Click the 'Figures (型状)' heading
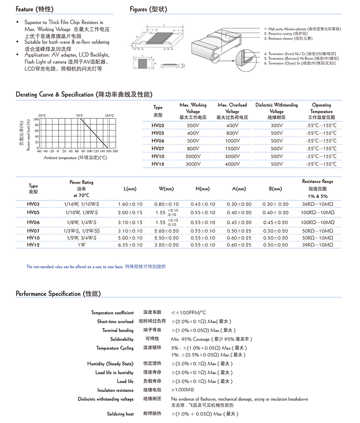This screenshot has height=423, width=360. tap(148, 9)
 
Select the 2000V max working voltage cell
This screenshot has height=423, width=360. tap(193, 156)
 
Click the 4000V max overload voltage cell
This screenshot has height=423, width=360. tap(232, 164)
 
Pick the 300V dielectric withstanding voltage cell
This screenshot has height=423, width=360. tap(276, 125)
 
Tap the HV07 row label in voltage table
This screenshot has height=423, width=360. tap(158, 149)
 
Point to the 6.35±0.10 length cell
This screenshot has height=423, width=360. tap(131, 245)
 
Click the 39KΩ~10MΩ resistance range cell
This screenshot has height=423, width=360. tap(318, 245)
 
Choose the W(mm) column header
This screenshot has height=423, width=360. tap(166, 189)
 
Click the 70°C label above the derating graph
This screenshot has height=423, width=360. tap(80, 115)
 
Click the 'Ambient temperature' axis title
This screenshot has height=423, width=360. tap(75, 158)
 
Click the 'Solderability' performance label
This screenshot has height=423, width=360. tap(122, 339)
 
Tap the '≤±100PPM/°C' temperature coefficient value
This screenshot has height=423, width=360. tap(188, 312)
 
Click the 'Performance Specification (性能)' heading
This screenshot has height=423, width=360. tap(58, 293)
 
